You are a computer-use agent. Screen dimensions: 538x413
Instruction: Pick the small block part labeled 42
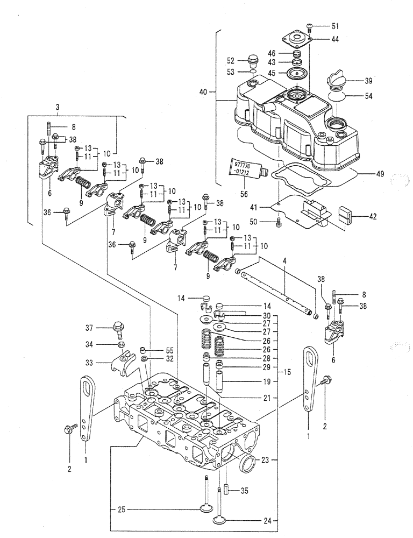pos(347,216)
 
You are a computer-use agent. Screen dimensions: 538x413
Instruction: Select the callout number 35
pos(245,490)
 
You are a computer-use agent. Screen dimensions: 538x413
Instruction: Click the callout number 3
pos(56,108)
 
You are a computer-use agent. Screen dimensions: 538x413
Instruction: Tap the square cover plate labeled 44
pos(295,40)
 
